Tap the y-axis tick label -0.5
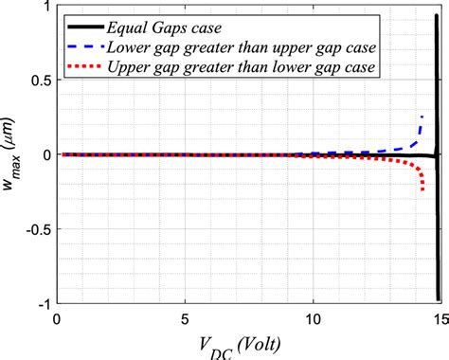click(34, 228)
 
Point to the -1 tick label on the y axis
click(41, 302)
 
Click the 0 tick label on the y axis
click(44, 154)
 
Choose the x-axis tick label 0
click(59, 318)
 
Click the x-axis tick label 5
click(187, 318)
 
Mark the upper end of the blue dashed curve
click(422, 115)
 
